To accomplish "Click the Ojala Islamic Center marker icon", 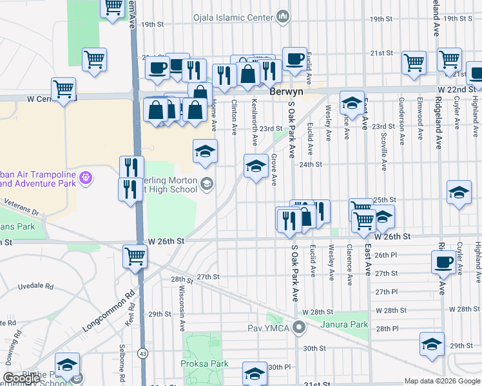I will pos(282,15).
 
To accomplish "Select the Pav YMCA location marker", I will pos(298,327).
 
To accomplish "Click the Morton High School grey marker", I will pos(206,185).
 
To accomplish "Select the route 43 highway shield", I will pos(141,353).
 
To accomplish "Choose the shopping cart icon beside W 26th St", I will pos(135,256).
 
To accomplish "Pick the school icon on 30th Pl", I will pos(255,372).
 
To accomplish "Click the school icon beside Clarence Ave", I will pos(352,102).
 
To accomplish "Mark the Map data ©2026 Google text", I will pos(441,381).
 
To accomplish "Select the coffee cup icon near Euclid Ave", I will pos(294,59).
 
